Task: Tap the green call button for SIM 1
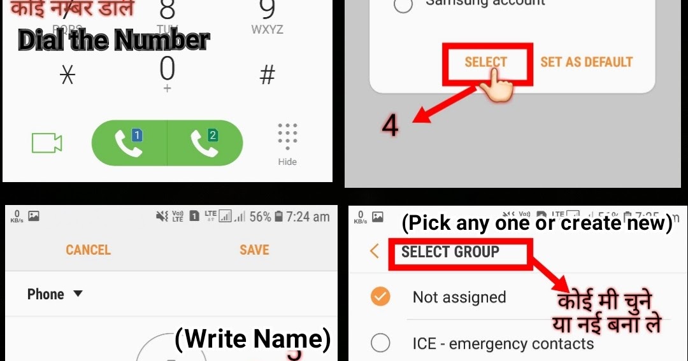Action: (129, 143)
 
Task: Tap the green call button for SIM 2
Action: (205, 143)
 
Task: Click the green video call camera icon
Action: (47, 143)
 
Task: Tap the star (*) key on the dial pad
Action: (67, 75)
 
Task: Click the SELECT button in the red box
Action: (486, 62)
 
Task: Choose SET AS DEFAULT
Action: (586, 62)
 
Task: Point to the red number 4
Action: (390, 125)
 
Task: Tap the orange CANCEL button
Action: (88, 250)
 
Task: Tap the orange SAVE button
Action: (254, 250)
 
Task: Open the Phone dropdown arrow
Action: (78, 294)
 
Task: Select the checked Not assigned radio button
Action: (380, 297)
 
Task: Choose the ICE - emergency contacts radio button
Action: (380, 344)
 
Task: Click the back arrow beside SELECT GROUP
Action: (375, 251)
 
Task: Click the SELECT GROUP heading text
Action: (450, 251)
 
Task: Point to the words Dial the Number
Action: (113, 40)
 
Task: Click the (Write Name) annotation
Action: (253, 339)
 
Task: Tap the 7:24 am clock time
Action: (308, 216)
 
